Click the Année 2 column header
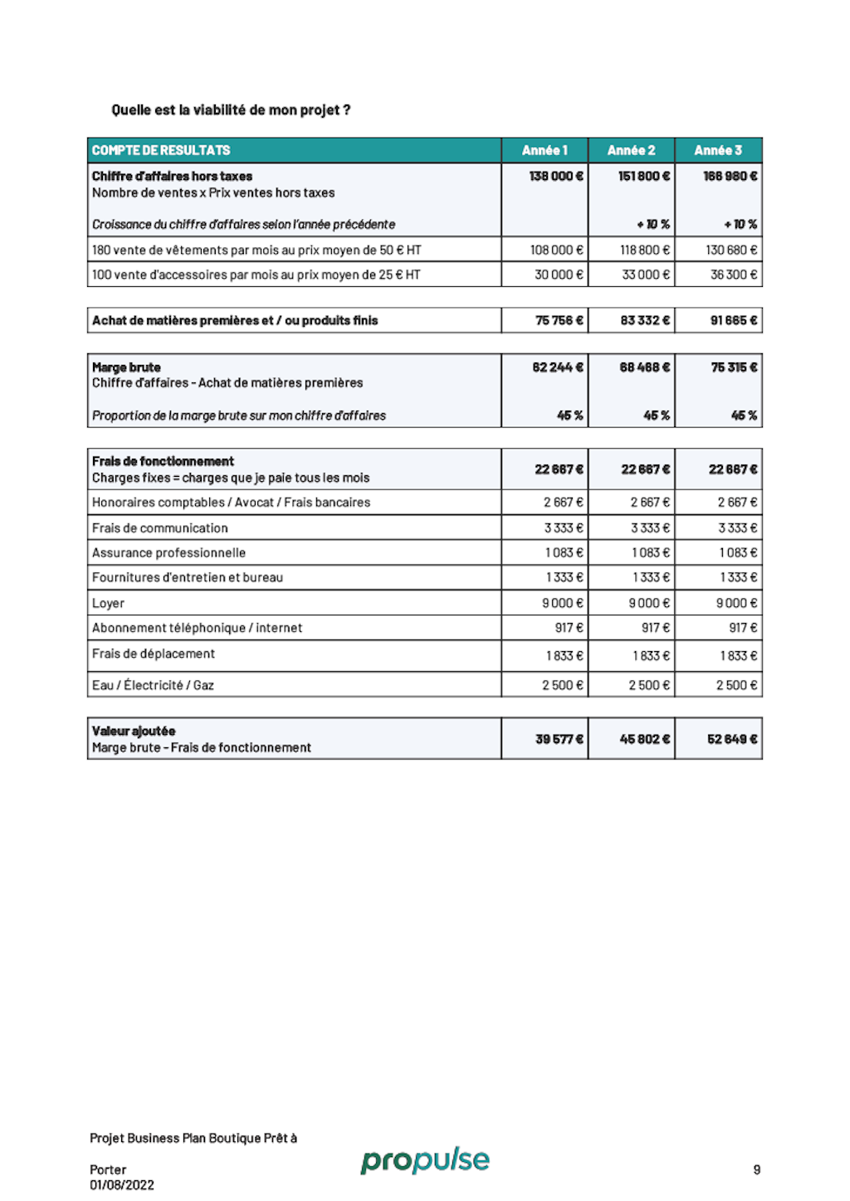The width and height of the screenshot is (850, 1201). (x=631, y=150)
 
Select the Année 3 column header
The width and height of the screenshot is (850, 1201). (x=718, y=150)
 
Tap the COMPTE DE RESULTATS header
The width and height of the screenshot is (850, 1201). (x=161, y=150)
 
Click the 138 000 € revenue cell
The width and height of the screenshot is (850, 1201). (x=556, y=176)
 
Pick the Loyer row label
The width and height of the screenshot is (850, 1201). (x=109, y=603)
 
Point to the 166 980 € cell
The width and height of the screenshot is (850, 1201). (x=730, y=176)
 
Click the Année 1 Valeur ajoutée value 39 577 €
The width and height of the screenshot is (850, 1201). (x=559, y=739)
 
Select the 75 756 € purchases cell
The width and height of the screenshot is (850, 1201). (x=559, y=320)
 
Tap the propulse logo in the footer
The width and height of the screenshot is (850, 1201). (x=425, y=1160)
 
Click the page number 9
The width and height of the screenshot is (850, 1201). (x=756, y=1169)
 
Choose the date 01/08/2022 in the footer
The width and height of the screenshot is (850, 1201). (x=122, y=1185)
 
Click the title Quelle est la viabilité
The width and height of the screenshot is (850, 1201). (x=231, y=109)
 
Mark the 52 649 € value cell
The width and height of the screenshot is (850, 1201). (x=732, y=739)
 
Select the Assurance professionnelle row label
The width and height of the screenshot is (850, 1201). (x=169, y=552)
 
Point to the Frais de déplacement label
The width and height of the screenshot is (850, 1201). (x=154, y=654)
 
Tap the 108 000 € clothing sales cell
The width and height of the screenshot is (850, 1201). (x=556, y=250)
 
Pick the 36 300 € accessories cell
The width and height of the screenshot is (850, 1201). (x=733, y=275)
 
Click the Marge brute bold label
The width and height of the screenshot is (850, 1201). (x=126, y=367)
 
